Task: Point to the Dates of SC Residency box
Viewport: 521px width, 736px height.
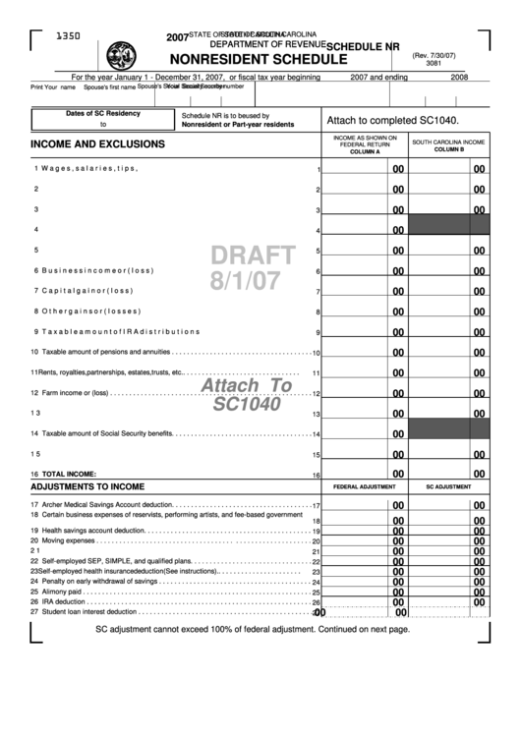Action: click(x=102, y=119)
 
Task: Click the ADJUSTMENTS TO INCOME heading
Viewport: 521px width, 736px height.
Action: click(x=87, y=486)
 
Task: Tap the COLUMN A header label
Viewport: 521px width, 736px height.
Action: click(x=364, y=153)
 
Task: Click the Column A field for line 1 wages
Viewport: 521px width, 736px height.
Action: click(x=364, y=168)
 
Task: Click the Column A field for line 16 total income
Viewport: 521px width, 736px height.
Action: click(x=364, y=474)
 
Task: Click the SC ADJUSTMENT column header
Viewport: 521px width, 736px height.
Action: click(x=448, y=487)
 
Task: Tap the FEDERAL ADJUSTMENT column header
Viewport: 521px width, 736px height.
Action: click(x=364, y=487)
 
